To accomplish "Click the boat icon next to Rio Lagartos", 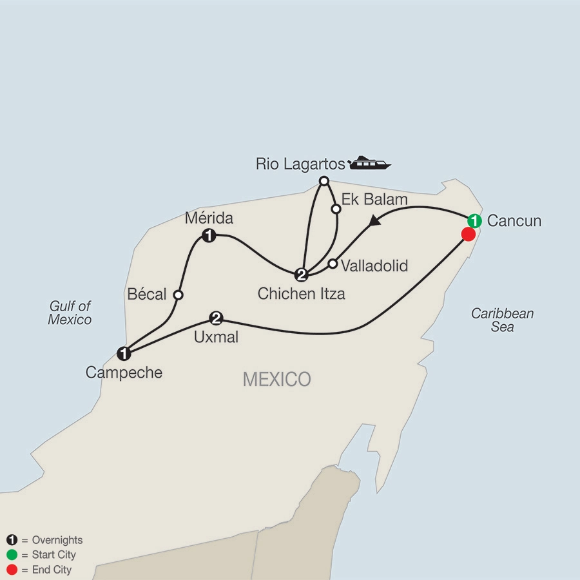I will click(370, 162).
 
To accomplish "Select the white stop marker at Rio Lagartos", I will click(325, 180).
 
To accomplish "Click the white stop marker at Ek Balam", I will click(336, 209).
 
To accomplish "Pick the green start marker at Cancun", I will click(474, 220).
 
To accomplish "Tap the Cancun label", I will click(514, 221).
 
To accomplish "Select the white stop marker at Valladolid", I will click(333, 263).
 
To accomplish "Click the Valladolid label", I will click(374, 265).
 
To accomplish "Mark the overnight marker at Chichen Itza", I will click(301, 275).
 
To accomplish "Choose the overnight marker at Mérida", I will click(208, 235).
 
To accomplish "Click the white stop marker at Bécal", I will click(179, 295).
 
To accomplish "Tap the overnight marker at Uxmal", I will click(217, 318).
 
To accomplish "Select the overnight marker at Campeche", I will click(124, 353).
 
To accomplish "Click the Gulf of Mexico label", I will click(70, 313).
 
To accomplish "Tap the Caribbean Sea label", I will click(502, 320).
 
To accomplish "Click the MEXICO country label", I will click(276, 379).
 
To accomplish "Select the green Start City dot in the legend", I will click(12, 555).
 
